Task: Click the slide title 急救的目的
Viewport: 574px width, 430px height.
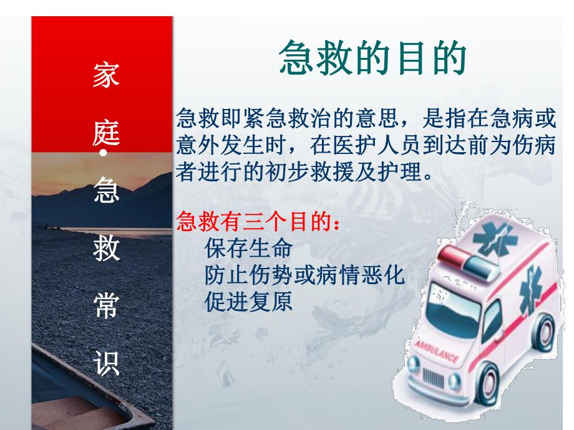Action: pyautogui.click(x=372, y=59)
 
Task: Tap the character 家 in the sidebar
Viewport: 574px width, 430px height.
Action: pyautogui.click(x=102, y=75)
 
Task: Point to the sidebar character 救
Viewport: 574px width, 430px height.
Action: pyautogui.click(x=102, y=250)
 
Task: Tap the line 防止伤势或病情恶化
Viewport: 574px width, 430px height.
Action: pyautogui.click(x=305, y=275)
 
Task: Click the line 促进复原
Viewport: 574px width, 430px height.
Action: pyautogui.click(x=248, y=302)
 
